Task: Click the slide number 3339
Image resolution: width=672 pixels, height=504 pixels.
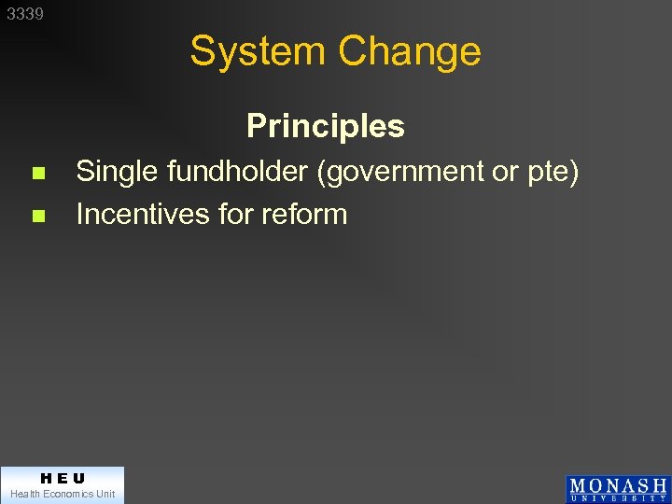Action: (x=25, y=14)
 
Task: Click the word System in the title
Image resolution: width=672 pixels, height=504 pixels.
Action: (x=259, y=51)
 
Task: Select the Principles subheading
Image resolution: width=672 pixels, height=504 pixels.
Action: (x=326, y=126)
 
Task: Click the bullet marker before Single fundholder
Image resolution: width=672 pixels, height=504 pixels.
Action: (x=37, y=174)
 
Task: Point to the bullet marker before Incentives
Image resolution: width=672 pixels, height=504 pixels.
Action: (x=37, y=216)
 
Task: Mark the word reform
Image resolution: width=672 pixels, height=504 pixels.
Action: (x=304, y=214)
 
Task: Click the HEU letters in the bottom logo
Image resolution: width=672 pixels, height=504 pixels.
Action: (x=63, y=478)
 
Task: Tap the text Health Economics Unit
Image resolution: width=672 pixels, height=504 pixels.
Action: (x=63, y=494)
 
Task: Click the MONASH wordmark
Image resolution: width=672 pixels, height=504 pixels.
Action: (x=618, y=485)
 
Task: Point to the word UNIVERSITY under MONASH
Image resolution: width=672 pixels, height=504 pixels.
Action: (x=618, y=498)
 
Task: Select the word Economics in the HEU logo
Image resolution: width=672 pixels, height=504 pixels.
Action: (x=65, y=494)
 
